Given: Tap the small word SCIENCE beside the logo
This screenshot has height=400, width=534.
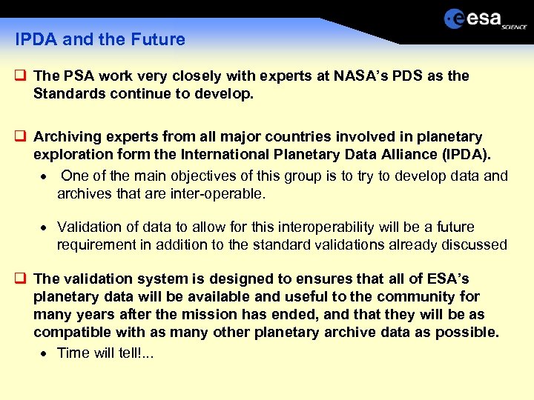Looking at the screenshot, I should [x=514, y=26].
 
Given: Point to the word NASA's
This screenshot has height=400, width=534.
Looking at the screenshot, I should [x=358, y=76].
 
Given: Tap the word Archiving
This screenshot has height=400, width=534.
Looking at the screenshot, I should [x=67, y=137].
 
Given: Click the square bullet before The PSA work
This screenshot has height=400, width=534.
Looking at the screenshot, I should [x=21, y=76].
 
